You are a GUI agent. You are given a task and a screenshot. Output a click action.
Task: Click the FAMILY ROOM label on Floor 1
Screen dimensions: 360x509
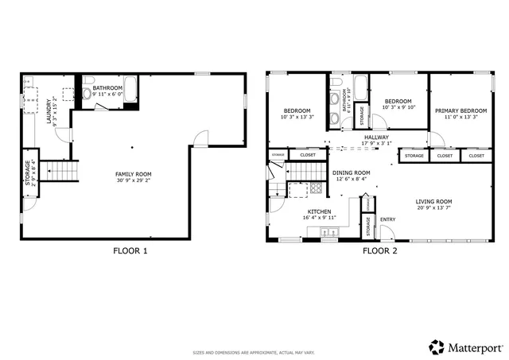(133, 174)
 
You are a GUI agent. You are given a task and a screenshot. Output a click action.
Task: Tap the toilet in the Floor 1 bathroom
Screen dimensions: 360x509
(87, 94)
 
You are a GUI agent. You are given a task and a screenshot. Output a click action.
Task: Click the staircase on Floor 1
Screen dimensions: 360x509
(61, 170)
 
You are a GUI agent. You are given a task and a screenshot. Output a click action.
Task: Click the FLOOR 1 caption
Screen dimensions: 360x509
(130, 251)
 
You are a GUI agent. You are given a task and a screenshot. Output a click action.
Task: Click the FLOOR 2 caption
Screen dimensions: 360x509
(381, 251)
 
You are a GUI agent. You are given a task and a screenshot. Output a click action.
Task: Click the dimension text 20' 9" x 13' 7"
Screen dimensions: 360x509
(433, 209)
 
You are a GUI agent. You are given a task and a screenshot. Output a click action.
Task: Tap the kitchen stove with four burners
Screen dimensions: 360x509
(315, 189)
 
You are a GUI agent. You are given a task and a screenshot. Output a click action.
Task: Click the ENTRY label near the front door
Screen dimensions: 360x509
(388, 220)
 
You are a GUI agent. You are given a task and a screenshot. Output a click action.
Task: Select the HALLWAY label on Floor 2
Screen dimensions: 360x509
(376, 137)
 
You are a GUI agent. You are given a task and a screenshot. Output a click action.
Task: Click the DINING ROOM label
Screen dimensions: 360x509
(351, 172)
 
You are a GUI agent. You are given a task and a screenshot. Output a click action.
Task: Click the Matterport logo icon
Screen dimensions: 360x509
(437, 346)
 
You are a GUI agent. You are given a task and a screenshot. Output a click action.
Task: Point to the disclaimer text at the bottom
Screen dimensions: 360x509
(254, 352)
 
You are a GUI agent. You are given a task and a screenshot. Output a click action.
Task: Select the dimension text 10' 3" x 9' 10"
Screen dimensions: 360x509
(398, 109)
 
